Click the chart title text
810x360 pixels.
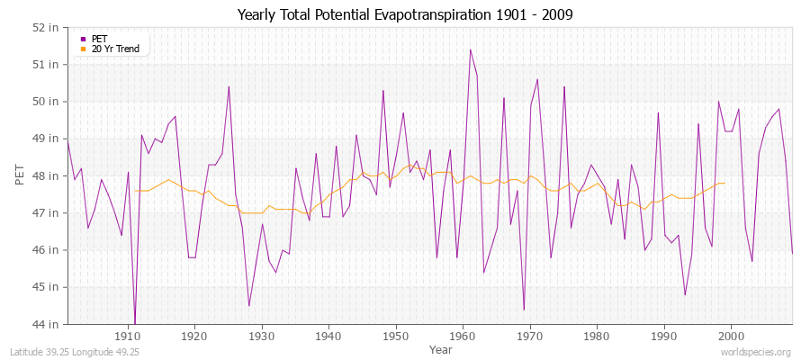[x=404, y=14]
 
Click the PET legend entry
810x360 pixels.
[x=99, y=39]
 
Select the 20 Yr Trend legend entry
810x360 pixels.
[x=115, y=49]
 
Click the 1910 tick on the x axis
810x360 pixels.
[x=128, y=336]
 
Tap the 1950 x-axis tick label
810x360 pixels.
[x=396, y=336]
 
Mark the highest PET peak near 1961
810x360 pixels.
[x=470, y=49]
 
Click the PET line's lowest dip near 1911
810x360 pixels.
[x=135, y=323]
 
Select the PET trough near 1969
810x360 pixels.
[x=524, y=310]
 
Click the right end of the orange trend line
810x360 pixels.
[x=724, y=183]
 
